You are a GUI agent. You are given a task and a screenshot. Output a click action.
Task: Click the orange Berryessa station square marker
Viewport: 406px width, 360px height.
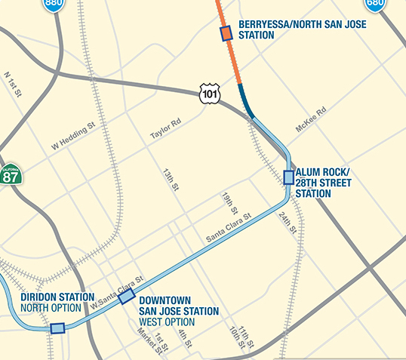226,33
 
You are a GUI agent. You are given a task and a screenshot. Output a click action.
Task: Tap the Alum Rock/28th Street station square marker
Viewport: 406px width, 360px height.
288,177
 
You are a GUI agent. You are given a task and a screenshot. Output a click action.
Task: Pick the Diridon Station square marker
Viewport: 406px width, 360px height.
57,328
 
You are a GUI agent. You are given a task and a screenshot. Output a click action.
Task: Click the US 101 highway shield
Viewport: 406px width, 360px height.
210,93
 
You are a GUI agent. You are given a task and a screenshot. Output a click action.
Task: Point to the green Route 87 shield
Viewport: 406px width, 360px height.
11,176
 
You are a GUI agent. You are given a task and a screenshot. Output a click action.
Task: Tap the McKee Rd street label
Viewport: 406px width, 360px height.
310,120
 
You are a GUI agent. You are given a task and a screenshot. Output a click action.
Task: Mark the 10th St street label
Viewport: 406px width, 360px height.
238,338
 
